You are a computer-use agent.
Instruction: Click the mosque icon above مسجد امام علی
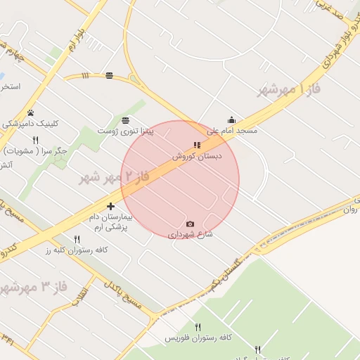(x=231, y=120)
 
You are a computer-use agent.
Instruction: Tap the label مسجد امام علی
(x=231, y=131)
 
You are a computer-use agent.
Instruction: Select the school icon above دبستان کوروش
(x=197, y=145)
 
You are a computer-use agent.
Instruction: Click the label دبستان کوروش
(x=198, y=155)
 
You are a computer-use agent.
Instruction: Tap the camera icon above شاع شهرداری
(x=190, y=224)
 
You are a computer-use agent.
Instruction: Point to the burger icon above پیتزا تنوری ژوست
(x=125, y=120)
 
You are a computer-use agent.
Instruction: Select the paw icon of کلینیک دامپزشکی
(x=30, y=112)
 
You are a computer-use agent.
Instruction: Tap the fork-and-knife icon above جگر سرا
(x=35, y=140)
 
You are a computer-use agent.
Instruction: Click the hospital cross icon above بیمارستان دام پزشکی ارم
(x=110, y=206)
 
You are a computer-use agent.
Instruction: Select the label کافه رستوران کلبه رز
(x=76, y=250)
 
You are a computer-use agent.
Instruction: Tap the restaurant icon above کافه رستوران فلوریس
(x=198, y=327)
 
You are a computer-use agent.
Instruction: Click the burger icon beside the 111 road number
(x=109, y=75)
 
